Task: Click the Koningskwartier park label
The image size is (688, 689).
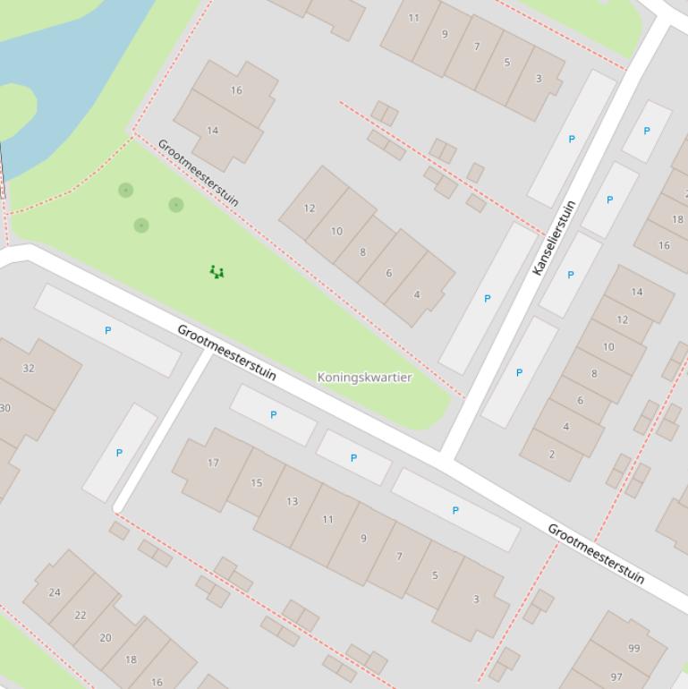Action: [x=364, y=378]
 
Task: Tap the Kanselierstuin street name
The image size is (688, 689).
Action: [x=554, y=237]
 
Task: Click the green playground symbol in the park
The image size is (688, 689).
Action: [x=217, y=272]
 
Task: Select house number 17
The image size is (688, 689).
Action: [x=213, y=463]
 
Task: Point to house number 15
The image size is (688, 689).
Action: [x=257, y=482]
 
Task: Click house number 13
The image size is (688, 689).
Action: [x=292, y=501]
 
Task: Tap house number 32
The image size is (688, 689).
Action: [x=29, y=368]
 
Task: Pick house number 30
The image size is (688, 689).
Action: [x=5, y=408]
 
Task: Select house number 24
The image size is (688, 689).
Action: [x=55, y=591]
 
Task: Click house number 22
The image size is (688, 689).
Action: [x=81, y=615]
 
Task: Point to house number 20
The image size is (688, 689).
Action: [x=106, y=637]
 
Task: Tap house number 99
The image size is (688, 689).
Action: [x=634, y=648]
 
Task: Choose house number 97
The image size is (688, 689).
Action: [x=616, y=676]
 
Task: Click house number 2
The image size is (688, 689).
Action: [x=551, y=454]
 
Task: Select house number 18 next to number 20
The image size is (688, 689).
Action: [x=131, y=659]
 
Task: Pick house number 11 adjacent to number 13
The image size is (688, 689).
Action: [x=327, y=519]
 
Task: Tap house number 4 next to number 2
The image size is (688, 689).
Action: [x=565, y=427]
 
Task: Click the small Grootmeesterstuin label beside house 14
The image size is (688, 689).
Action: [x=199, y=173]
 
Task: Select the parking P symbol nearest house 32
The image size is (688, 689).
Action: [x=108, y=330]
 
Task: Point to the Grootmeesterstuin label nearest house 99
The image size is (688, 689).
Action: [x=596, y=554]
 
